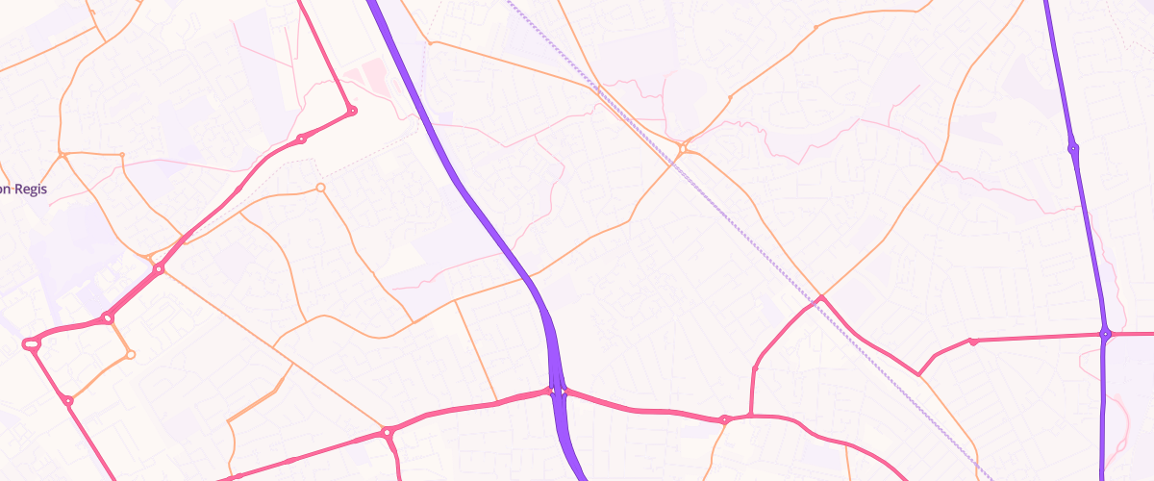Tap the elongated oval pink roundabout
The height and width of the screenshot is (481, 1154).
(32, 342)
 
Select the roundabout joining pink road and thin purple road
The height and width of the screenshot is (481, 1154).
(1106, 334)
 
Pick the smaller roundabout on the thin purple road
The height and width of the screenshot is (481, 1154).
(1072, 148)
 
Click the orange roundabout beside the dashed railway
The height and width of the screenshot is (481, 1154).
(682, 148)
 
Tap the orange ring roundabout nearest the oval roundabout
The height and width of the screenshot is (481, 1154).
(131, 355)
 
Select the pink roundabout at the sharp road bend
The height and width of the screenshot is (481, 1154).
(352, 111)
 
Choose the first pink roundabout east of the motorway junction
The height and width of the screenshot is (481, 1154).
(724, 419)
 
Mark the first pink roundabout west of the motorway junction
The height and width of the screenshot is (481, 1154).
(388, 433)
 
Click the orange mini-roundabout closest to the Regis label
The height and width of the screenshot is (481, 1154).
(62, 154)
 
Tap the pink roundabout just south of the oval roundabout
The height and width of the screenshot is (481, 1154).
(67, 400)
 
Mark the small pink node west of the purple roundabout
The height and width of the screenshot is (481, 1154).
(973, 341)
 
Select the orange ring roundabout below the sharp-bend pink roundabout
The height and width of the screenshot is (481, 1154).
(320, 187)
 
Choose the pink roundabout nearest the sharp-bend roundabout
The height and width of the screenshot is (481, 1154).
(302, 139)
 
